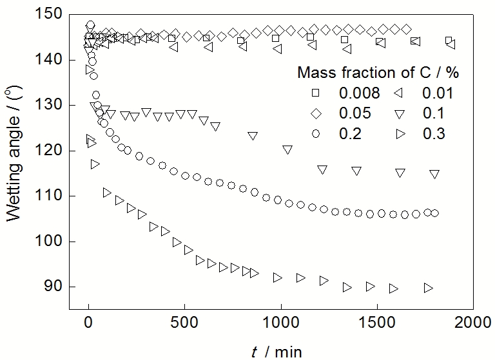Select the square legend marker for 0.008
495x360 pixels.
click(x=316, y=93)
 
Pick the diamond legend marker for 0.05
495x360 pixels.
click(x=316, y=113)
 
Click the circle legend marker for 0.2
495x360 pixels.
click(x=316, y=134)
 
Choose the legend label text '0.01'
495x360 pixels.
click(x=438, y=93)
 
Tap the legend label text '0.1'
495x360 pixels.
click(x=433, y=113)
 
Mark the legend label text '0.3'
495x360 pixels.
click(x=433, y=134)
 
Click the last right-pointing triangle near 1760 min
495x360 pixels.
click(x=428, y=288)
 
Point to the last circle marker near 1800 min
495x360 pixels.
click(x=434, y=213)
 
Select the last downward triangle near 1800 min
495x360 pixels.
click(x=434, y=175)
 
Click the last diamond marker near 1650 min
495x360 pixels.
click(x=406, y=29)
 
